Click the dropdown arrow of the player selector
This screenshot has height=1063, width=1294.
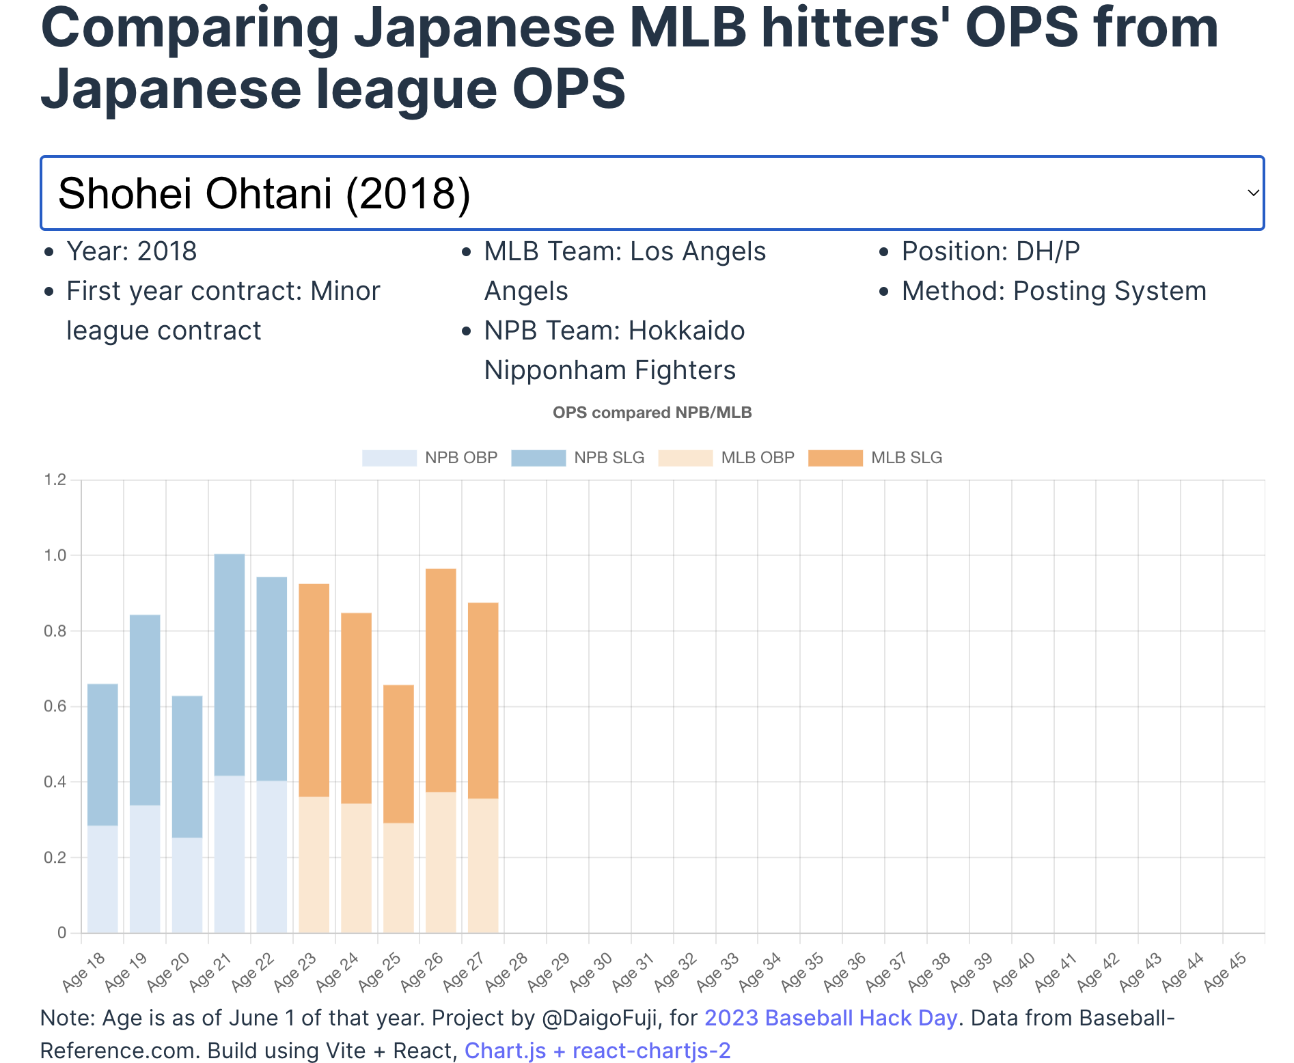pos(1252,193)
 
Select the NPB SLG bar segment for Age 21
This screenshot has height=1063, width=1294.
pos(229,664)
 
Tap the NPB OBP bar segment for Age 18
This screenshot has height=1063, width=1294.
pos(102,879)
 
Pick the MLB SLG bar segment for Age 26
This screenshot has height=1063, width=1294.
pos(441,680)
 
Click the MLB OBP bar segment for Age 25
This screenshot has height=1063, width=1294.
pos(398,877)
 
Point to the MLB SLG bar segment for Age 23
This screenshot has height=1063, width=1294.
pos(314,690)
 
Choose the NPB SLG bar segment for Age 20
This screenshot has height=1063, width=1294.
pos(187,767)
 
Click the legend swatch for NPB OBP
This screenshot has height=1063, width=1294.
pos(389,458)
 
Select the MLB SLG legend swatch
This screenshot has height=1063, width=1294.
pos(835,458)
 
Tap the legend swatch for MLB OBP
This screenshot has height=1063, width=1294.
pos(685,458)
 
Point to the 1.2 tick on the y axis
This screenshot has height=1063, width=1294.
pos(55,480)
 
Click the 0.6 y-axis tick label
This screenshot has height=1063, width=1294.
pos(55,706)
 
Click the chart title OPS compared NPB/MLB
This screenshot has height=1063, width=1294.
pos(652,413)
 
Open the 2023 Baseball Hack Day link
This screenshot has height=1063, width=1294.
pos(830,1018)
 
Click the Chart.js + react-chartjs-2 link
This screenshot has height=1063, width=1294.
pos(597,1051)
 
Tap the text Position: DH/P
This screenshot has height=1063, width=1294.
pos(990,251)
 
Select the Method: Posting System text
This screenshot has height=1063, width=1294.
pos(1054,291)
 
